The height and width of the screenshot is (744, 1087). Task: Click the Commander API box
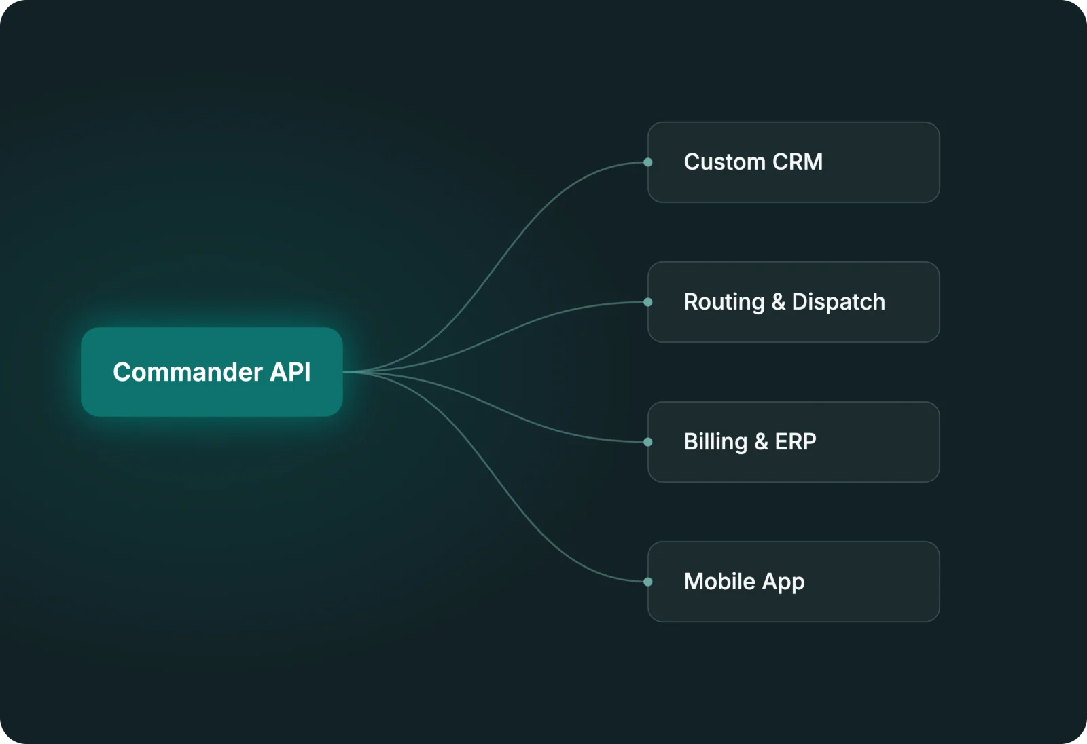tap(212, 372)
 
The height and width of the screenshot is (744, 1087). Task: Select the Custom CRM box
tap(794, 162)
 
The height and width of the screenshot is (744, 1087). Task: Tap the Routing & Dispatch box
tap(794, 302)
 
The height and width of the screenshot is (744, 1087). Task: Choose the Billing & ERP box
tap(794, 442)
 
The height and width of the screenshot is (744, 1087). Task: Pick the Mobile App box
tap(794, 582)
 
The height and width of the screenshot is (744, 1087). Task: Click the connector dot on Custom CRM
tap(648, 162)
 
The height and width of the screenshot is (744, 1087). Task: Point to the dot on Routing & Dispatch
tap(648, 302)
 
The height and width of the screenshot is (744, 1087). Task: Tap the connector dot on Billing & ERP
tap(648, 442)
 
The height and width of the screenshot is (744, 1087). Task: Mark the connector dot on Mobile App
tap(648, 582)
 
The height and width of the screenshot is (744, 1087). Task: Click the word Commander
tap(188, 372)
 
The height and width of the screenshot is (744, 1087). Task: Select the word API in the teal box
tap(290, 372)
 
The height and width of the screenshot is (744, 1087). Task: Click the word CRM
tap(798, 162)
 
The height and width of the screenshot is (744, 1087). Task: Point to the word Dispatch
tap(838, 302)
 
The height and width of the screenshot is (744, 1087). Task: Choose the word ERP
tap(796, 442)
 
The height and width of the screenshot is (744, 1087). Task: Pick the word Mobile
tap(719, 582)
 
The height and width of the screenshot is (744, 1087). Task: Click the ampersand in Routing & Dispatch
tap(779, 302)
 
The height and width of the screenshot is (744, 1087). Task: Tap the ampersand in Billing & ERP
tap(762, 442)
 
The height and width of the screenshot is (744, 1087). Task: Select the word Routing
tap(724, 303)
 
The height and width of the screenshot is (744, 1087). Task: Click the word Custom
tap(724, 162)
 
